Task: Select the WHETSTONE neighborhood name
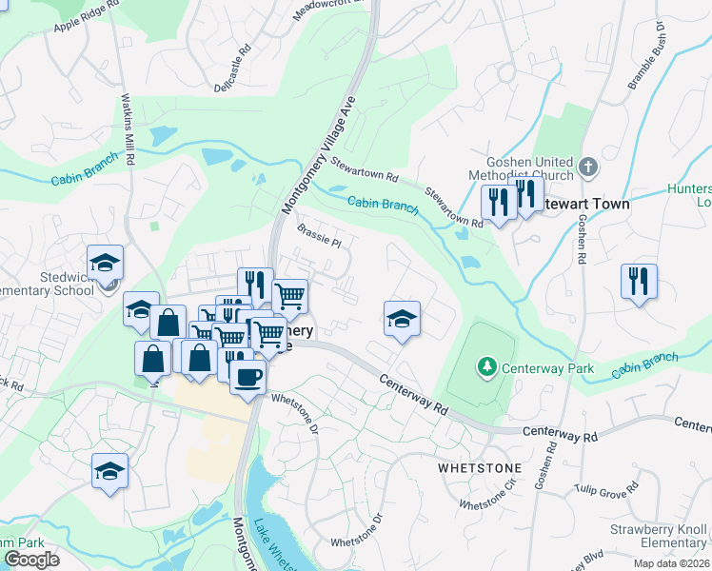click(479, 469)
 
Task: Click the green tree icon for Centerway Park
click(486, 366)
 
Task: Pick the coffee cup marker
click(247, 376)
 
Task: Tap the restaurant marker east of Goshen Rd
click(638, 281)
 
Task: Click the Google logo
click(31, 560)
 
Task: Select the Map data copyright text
click(670, 563)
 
